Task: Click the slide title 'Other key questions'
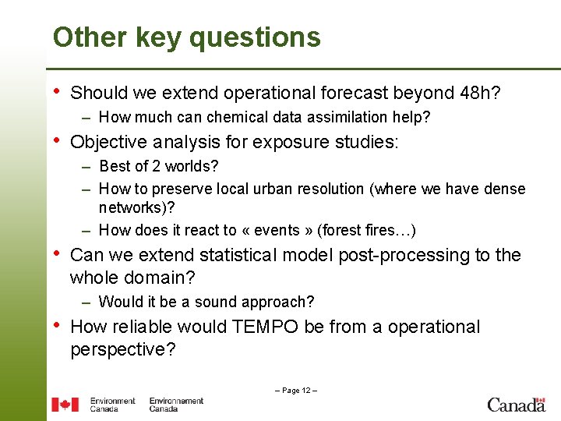186,37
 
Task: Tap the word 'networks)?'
137,208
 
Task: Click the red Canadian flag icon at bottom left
65,405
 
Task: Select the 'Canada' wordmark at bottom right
516,405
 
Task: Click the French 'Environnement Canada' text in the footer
176,405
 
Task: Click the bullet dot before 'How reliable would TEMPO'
56,325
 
